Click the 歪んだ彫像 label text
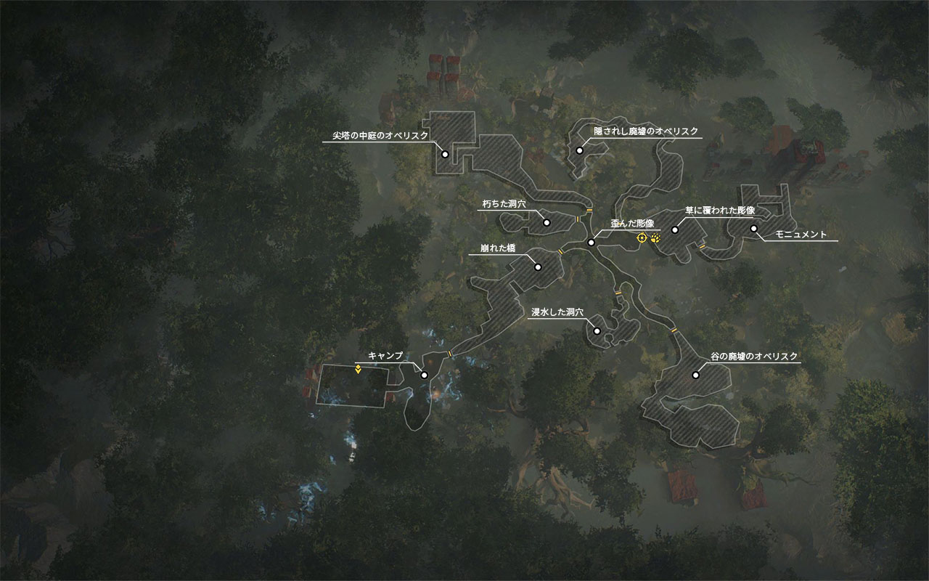pos(632,224)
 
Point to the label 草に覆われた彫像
pos(720,211)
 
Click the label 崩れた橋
pos(498,248)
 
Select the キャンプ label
pos(385,356)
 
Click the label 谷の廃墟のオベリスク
pos(755,356)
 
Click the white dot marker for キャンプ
pos(425,375)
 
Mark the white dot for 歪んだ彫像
pos(592,242)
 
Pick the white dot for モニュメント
pos(754,229)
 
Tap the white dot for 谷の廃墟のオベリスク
pos(695,375)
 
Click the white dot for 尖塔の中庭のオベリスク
pos(445,154)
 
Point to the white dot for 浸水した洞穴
pos(597,331)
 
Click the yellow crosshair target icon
pos(642,237)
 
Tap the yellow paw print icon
pos(656,237)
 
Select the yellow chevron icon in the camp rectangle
pos(359,369)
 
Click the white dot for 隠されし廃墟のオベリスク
pos(580,150)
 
